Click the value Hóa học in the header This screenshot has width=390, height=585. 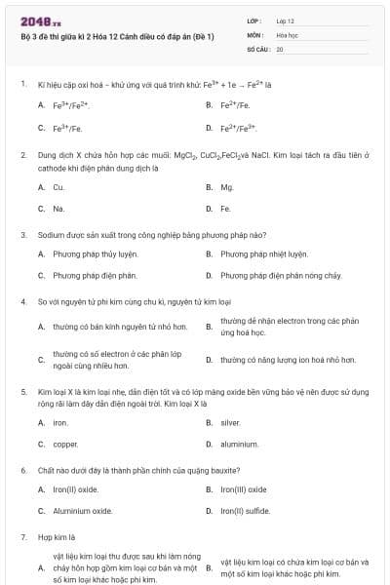(287, 34)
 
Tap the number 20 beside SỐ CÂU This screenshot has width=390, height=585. (280, 48)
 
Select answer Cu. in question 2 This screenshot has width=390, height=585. (58, 186)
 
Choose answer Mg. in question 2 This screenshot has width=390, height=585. (227, 186)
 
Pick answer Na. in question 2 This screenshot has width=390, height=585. (58, 209)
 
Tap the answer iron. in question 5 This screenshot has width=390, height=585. (60, 422)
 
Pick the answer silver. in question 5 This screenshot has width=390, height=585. (230, 422)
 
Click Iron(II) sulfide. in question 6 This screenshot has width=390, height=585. (247, 511)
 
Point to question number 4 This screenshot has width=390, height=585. (22, 302)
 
